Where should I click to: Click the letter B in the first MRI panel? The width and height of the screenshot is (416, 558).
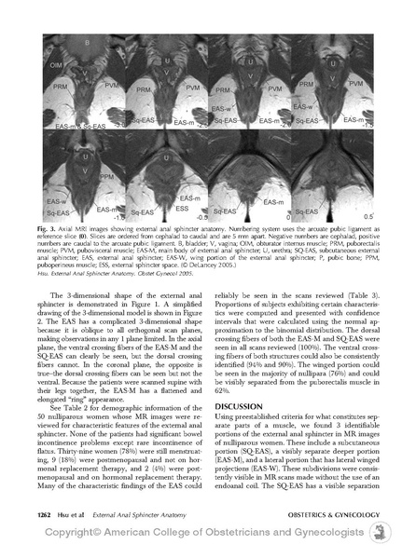(86, 44)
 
